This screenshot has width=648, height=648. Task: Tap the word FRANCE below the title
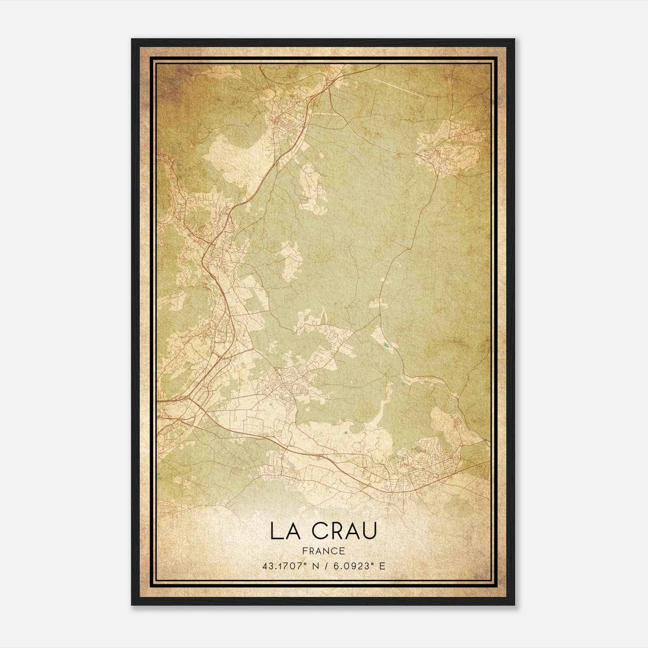pos(323,551)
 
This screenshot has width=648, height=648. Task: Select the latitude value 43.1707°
pos(287,566)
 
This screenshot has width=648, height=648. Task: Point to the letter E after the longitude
pos(382,566)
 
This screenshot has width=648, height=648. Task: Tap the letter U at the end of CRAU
pos(370,531)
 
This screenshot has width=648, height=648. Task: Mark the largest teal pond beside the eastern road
pos(385,345)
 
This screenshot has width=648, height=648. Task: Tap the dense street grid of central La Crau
pos(283,383)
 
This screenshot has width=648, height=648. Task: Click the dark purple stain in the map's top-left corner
pos(166,81)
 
